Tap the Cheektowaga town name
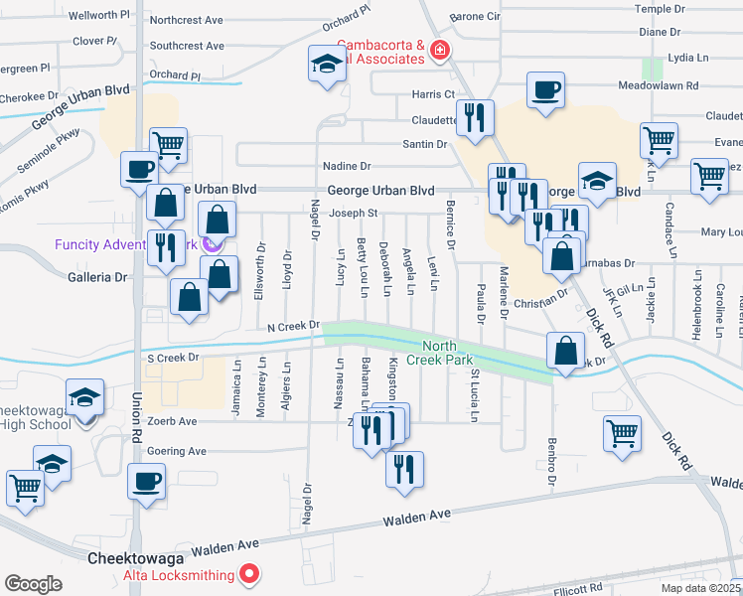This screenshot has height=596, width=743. click(132, 558)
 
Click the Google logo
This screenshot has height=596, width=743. click(33, 584)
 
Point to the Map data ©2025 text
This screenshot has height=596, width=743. click(698, 588)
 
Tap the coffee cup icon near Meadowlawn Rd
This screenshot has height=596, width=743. click(545, 89)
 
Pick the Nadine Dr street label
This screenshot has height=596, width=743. click(346, 166)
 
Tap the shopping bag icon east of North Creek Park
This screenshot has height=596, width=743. click(565, 350)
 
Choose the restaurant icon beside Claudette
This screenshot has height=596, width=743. click(474, 117)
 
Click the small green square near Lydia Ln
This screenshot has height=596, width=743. click(653, 69)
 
